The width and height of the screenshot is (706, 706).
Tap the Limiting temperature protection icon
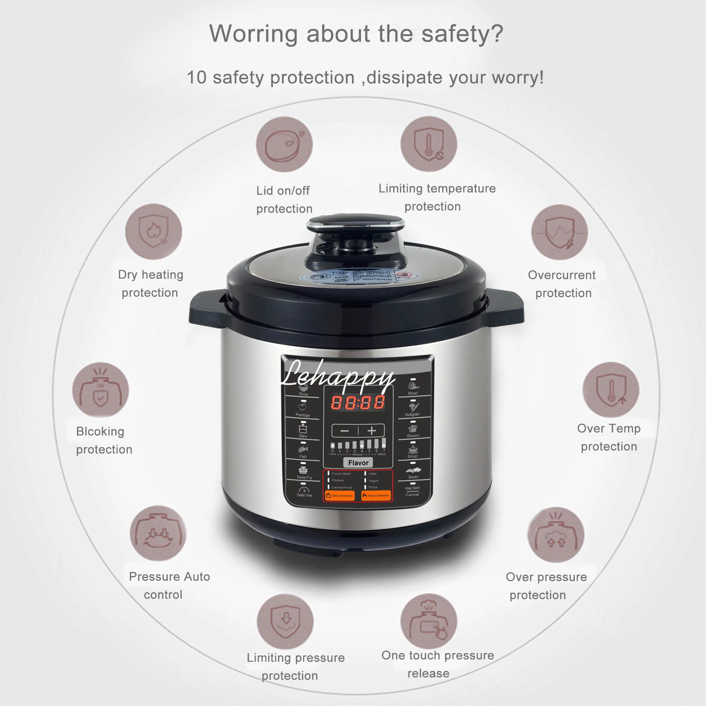[429, 144]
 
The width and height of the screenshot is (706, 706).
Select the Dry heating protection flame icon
[154, 232]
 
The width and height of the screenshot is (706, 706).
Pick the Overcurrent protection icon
[559, 232]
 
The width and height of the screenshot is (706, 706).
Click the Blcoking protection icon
[101, 390]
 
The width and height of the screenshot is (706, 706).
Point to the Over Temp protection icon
[611, 390]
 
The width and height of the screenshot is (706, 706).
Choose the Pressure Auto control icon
[158, 533]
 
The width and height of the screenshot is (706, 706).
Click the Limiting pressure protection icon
[285, 622]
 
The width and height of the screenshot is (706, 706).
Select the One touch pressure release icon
[429, 621]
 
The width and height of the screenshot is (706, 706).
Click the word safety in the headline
[453, 34]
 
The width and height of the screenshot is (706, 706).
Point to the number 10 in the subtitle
[197, 78]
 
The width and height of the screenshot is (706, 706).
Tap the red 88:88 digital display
[358, 402]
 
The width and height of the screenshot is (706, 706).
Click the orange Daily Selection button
[340, 496]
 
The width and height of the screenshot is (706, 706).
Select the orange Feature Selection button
[376, 496]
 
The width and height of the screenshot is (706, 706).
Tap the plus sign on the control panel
[372, 431]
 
